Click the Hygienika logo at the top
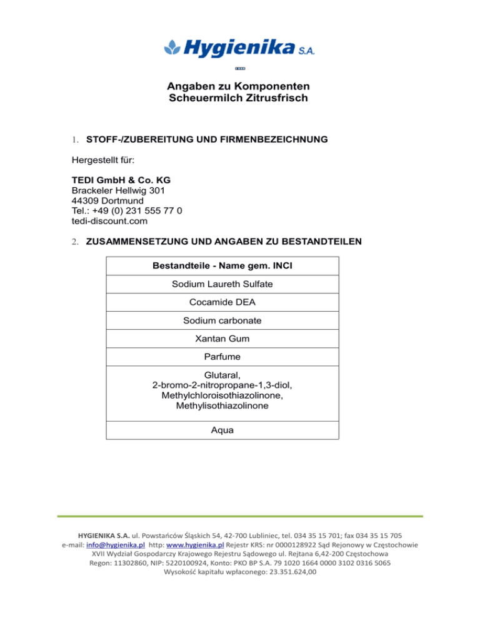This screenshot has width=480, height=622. [239, 46]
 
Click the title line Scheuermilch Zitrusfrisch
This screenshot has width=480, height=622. [239, 98]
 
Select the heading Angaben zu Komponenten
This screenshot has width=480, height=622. [239, 86]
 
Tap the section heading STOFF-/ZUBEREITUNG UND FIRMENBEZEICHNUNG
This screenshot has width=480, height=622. [206, 139]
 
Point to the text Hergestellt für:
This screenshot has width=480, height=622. [101, 161]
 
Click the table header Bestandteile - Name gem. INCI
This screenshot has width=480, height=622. [222, 266]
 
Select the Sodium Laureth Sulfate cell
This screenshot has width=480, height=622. [222, 284]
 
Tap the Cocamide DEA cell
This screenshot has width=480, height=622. [222, 302]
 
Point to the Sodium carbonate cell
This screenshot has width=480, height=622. [222, 320]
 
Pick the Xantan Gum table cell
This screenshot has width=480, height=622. [222, 339]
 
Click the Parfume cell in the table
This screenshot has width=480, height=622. [222, 357]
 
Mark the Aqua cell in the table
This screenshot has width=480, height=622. [222, 431]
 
